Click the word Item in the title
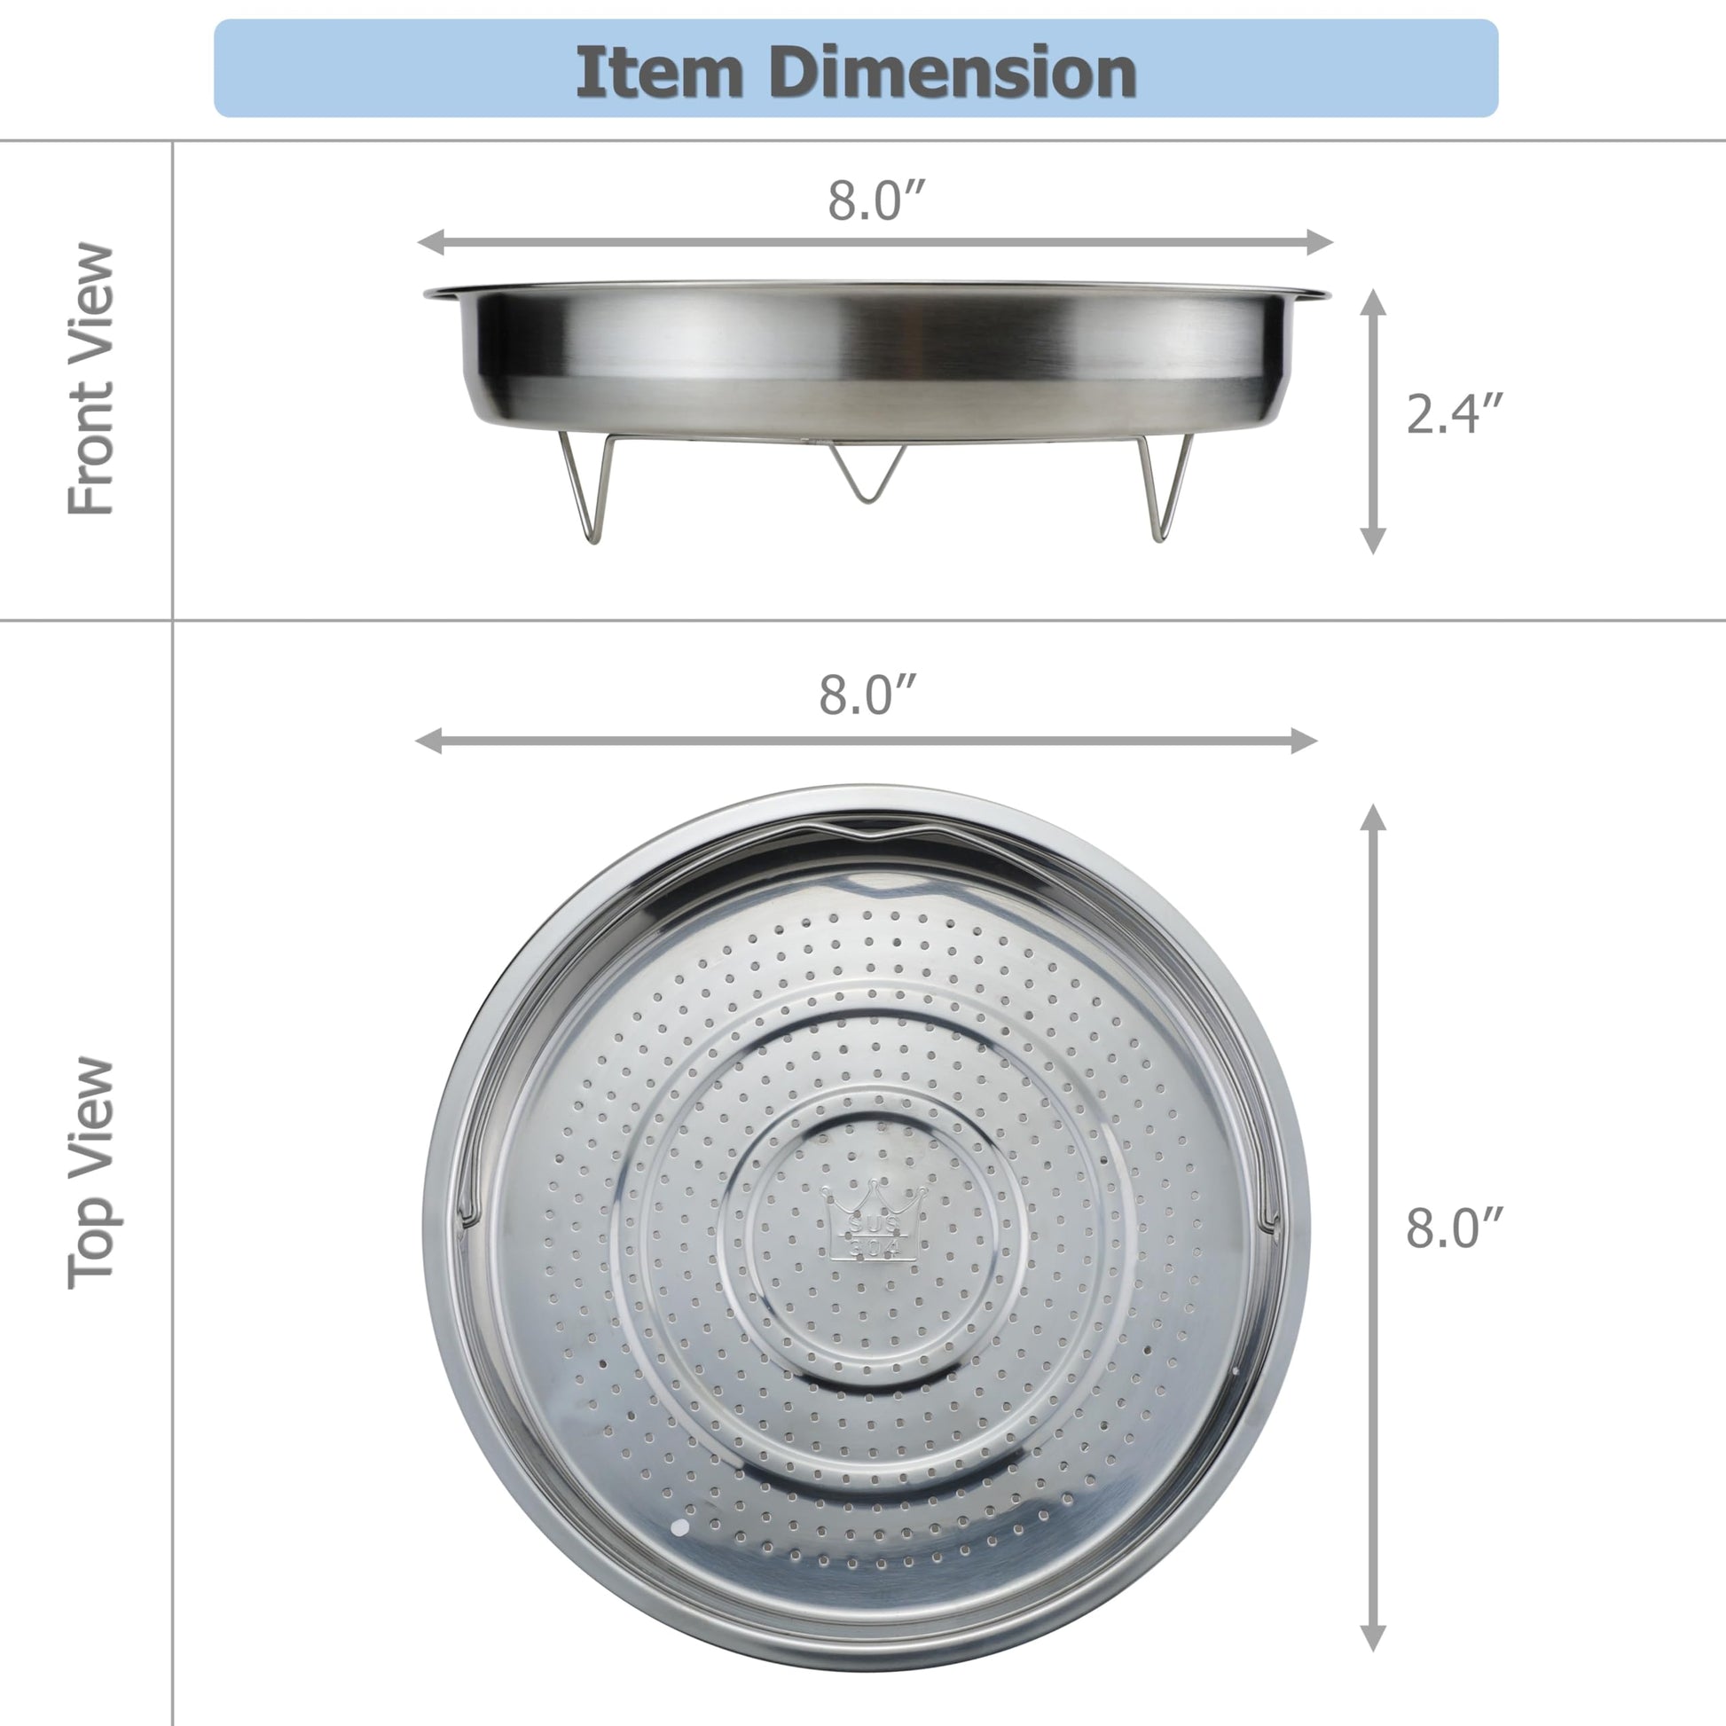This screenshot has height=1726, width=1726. [659, 73]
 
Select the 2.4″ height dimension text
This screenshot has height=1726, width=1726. [1455, 414]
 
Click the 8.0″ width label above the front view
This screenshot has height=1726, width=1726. [875, 200]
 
